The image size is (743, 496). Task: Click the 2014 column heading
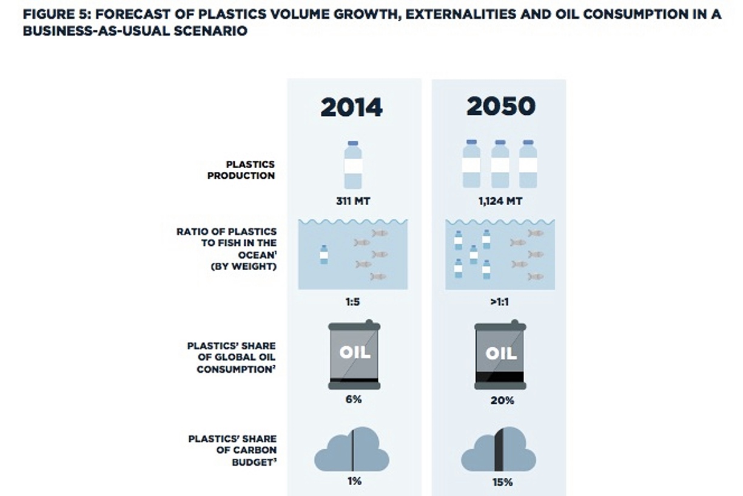352,107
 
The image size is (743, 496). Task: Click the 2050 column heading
501,106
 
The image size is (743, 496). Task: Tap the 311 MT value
353,201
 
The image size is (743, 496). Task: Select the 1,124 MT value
500,201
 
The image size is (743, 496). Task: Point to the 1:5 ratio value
352,302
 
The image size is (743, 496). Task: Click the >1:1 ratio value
500,302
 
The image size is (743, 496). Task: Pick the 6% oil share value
354,399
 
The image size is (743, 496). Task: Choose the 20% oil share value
502,400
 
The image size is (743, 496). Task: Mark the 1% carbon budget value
354,481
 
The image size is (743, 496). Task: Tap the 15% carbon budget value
503,482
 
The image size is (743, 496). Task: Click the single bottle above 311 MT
353,165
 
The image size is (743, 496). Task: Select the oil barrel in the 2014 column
354,355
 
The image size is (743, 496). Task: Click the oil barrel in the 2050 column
500,355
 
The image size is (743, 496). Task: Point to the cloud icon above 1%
352,449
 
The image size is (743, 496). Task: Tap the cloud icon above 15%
499,449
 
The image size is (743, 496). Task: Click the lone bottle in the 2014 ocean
324,254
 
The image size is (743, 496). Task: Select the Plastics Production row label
241,170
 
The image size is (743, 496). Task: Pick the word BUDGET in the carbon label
253,462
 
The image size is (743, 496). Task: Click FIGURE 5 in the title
55,15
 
